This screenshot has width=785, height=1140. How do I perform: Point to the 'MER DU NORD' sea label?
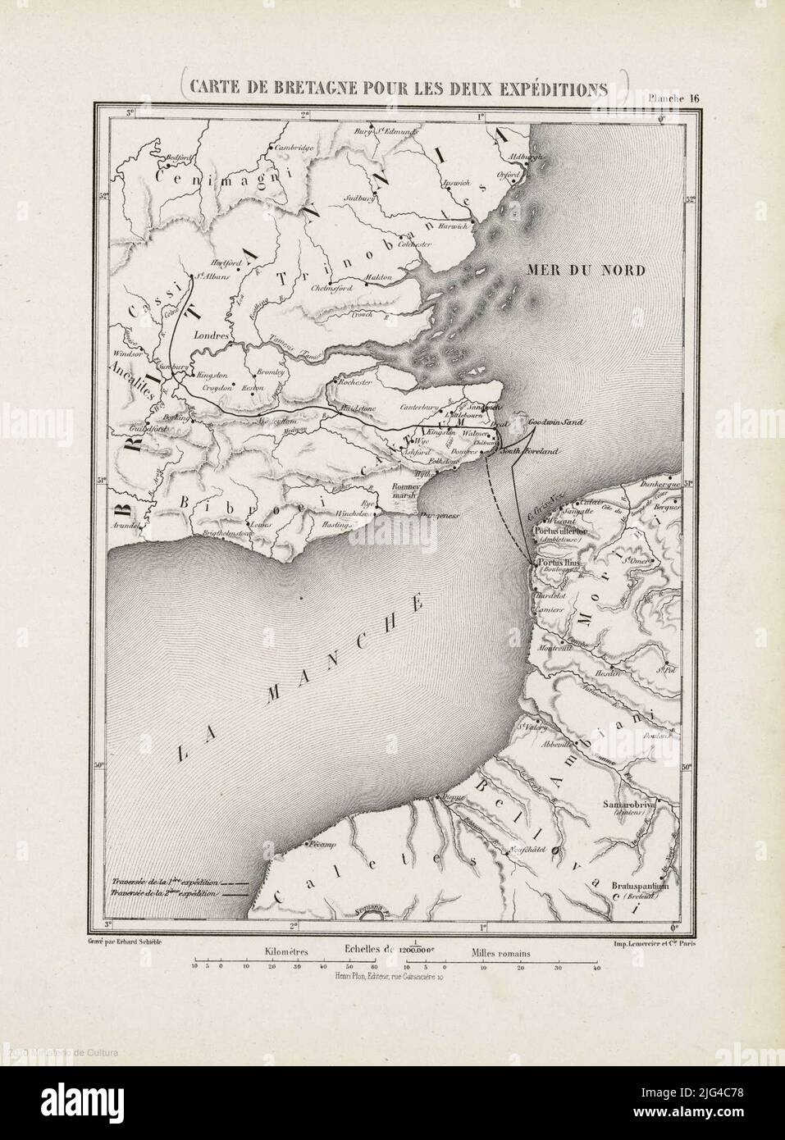(x=587, y=270)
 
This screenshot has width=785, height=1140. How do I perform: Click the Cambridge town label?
(x=294, y=148)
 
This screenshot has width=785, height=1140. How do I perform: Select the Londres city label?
(x=212, y=335)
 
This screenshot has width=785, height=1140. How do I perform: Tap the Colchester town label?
(x=415, y=244)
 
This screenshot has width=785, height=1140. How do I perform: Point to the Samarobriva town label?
(x=629, y=806)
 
